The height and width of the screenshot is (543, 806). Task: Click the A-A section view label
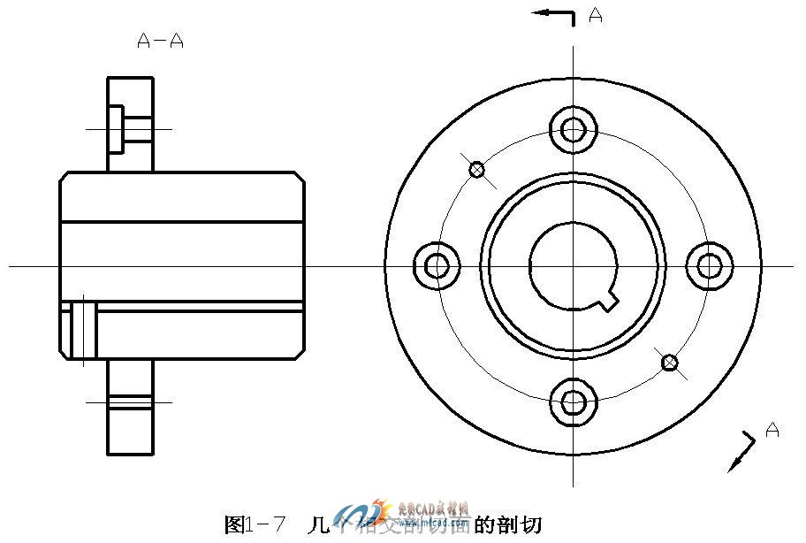coord(161,41)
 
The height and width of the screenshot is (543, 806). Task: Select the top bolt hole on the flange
coord(574,130)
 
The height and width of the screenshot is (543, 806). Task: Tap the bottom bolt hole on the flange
coord(574,402)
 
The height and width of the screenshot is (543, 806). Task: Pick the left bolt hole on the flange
coord(437,265)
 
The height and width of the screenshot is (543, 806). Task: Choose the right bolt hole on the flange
coord(710,265)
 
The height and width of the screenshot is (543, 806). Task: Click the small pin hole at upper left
coord(477,169)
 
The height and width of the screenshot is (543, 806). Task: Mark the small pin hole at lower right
coord(670,362)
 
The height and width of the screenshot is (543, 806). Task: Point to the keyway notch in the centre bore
coord(608,303)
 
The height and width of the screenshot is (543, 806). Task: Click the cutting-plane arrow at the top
coord(552,13)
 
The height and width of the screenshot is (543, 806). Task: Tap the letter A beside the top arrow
coord(596,15)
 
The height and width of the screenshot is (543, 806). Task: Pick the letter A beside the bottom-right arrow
coord(772,431)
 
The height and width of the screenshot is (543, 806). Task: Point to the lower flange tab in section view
coord(131,407)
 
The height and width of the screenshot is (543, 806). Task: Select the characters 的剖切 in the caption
coord(507,524)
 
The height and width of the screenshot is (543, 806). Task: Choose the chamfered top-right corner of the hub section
coord(300,179)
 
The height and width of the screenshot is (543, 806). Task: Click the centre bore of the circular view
coord(574,265)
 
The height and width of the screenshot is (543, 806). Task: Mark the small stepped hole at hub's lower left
coord(80,330)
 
